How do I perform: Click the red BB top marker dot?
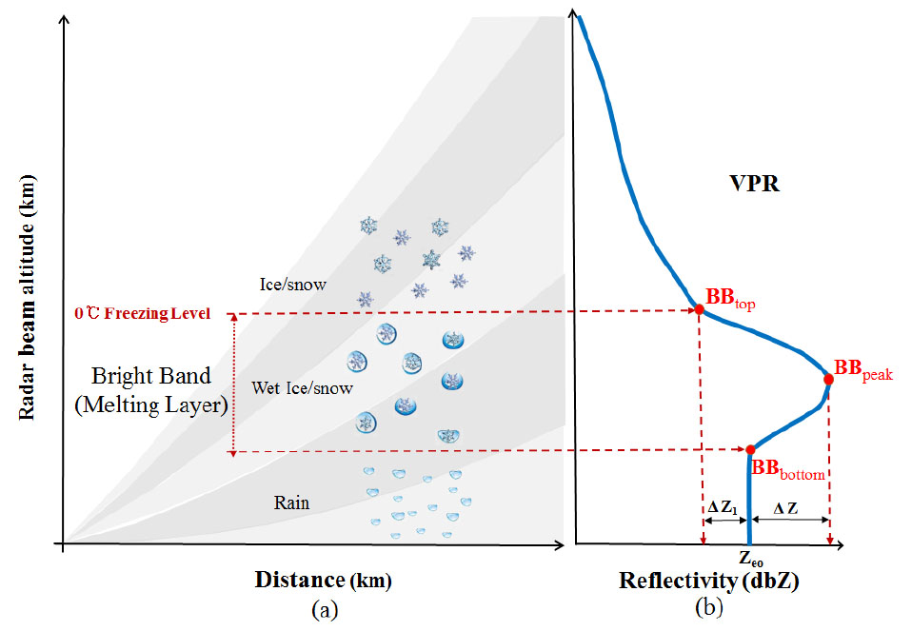point(699,309)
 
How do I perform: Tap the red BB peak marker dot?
point(828,379)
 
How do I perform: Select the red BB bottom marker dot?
point(750,449)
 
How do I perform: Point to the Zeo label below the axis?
point(751,559)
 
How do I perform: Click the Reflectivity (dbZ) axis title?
point(708,581)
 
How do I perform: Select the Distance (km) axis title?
point(323,580)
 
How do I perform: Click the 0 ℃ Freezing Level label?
point(142,312)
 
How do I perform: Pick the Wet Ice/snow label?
point(302,387)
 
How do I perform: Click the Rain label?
point(291,503)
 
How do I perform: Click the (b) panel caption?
point(708,606)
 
